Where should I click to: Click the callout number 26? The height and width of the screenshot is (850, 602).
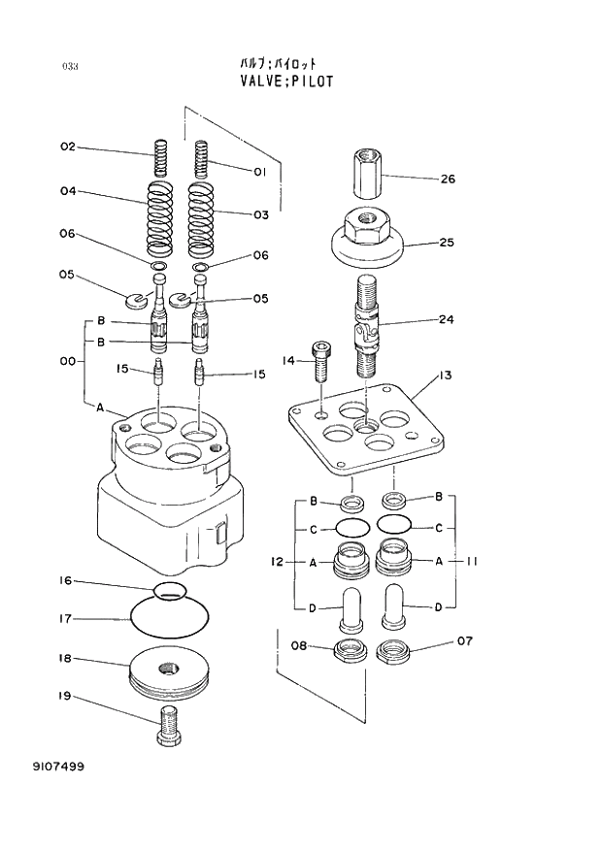(447, 179)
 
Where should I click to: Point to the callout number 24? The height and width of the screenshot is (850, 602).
(446, 319)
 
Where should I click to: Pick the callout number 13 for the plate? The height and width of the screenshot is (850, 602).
(444, 376)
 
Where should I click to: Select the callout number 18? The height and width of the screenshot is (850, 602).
(65, 659)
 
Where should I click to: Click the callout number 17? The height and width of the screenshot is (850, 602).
(65, 618)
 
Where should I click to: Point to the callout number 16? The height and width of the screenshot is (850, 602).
(65, 581)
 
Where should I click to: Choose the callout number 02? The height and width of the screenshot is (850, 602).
(67, 147)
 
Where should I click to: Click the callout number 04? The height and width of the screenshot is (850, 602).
(67, 191)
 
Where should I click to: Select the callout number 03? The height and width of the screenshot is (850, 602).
(260, 215)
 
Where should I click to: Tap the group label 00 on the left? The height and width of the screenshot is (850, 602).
(67, 361)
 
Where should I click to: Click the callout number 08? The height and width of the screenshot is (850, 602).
(298, 643)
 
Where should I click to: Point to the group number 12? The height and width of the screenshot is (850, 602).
(276, 561)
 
